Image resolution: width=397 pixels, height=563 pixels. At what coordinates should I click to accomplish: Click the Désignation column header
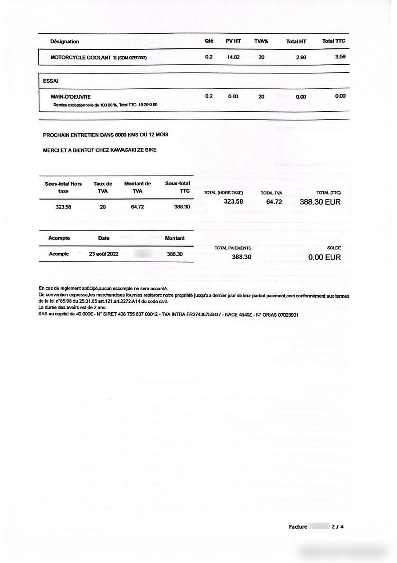pos(65,41)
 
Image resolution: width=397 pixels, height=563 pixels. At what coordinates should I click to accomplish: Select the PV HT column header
pos(233,41)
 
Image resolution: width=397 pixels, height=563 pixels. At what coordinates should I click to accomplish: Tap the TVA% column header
pos(261,41)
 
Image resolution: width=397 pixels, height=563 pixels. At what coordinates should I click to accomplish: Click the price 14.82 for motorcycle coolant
pos(233,57)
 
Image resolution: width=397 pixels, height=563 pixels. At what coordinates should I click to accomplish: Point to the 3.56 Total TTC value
pos(340,57)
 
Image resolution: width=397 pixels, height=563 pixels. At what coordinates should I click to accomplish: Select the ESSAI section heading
pos(51,81)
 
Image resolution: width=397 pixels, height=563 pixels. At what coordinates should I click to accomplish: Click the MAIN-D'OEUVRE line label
pos(71,96)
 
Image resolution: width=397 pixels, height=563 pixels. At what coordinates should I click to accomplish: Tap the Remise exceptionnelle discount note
pos(105,105)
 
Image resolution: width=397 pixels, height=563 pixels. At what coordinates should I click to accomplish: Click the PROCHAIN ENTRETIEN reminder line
pos(105,135)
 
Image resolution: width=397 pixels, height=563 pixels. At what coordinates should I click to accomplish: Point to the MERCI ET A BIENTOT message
pos(99,150)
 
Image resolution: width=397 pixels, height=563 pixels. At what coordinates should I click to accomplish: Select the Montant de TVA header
pos(137,187)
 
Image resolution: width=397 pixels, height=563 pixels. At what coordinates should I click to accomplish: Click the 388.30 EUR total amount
pos(320,202)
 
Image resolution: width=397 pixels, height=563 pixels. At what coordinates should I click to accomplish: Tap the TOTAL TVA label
pos(271,193)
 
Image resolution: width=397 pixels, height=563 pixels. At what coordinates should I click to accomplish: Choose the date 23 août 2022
pos(103,254)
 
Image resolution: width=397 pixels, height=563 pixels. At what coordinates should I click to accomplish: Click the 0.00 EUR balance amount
pos(324,257)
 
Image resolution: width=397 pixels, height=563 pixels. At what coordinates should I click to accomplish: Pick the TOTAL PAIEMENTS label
pos(233,248)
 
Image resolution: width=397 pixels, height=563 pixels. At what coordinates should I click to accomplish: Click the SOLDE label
pos(334,248)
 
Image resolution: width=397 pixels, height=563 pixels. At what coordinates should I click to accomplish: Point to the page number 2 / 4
pos(338,526)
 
